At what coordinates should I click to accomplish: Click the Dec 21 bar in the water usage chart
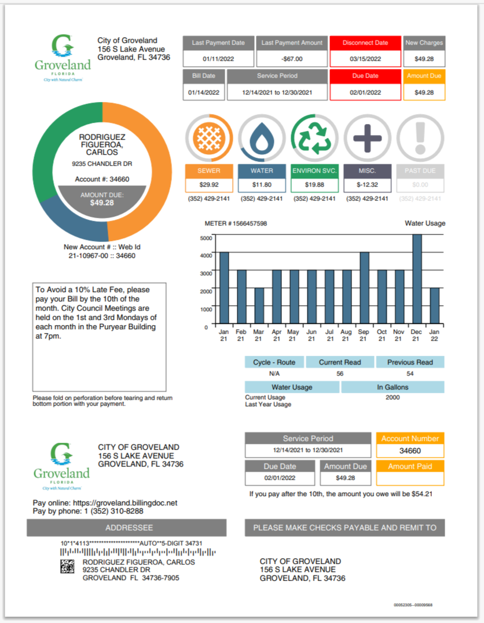point(417,279)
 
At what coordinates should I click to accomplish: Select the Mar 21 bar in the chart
point(259,306)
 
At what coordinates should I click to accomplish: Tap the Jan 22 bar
point(434,306)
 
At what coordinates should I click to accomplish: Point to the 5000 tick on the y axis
point(206,238)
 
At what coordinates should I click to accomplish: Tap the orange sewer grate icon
point(208,138)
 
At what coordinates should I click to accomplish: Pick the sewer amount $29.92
point(208,185)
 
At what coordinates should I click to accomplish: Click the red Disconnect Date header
point(365,43)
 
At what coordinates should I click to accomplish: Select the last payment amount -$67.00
point(291,59)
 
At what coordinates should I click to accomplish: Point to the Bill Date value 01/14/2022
point(203,92)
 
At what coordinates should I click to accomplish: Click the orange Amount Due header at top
point(424,76)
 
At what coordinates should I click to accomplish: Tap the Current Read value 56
point(340,374)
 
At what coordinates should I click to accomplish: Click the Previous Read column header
point(410,362)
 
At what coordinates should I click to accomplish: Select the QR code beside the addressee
point(68,567)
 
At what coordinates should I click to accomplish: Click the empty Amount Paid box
point(410,479)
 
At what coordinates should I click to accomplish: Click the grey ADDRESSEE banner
point(126,528)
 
